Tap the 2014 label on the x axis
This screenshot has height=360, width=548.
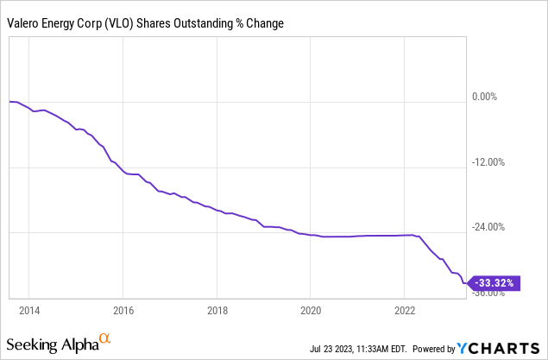point(29,309)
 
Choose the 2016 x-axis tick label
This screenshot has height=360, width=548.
point(123,309)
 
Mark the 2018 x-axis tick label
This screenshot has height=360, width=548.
point(217,309)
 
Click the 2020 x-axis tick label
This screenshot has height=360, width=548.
point(311,309)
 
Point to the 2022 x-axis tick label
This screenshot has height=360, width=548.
point(405,309)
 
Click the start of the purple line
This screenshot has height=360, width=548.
point(9,102)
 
